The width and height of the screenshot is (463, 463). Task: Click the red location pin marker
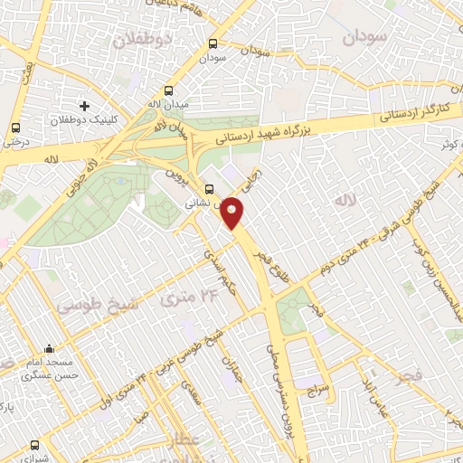[233, 213]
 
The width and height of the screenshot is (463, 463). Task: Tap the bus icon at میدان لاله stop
[169, 90]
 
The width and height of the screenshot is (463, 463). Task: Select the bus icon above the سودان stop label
[213, 43]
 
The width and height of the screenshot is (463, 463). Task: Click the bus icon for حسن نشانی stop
[210, 190]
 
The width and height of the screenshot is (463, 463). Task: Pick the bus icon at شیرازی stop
[35, 444]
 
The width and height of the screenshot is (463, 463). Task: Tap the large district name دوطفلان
[141, 40]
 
